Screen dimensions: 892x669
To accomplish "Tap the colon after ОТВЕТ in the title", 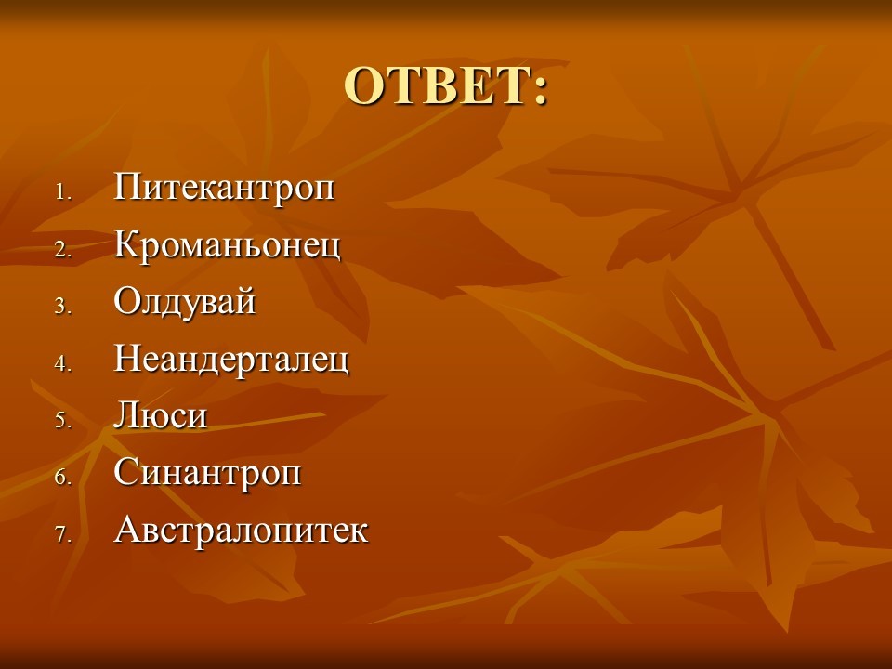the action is pyautogui.click(x=539, y=91).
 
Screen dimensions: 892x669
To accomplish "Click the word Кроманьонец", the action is pyautogui.click(x=227, y=245).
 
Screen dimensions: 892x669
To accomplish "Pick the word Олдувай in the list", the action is pyautogui.click(x=184, y=302).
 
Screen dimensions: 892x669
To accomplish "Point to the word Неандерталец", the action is pyautogui.click(x=231, y=360).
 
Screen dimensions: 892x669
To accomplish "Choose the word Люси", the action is pyautogui.click(x=161, y=415).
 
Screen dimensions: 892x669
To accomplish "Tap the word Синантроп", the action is pyautogui.click(x=207, y=473).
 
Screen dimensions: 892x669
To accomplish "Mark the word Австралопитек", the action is pyautogui.click(x=242, y=530).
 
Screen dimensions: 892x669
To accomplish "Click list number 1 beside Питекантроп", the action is pyautogui.click(x=63, y=192).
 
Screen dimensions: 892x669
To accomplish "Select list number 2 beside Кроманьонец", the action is pyautogui.click(x=63, y=249).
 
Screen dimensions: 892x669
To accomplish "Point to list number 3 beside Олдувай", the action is pyautogui.click(x=63, y=307).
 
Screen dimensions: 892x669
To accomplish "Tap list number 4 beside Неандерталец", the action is pyautogui.click(x=63, y=363).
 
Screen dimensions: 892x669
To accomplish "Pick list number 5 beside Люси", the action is pyautogui.click(x=63, y=420).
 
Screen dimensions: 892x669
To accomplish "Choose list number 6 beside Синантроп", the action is pyautogui.click(x=63, y=478).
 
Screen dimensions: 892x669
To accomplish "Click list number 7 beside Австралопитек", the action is pyautogui.click(x=63, y=534).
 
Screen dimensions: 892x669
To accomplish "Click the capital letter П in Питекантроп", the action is pyautogui.click(x=127, y=186).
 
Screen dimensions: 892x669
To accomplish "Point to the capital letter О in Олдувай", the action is pyautogui.click(x=127, y=300).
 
